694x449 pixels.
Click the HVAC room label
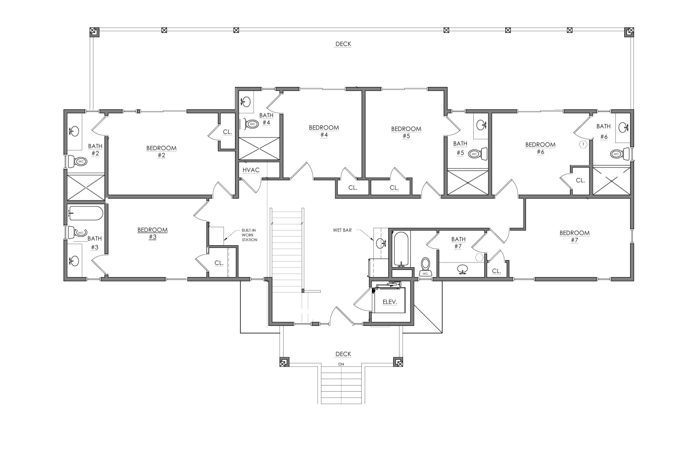tap(251, 170)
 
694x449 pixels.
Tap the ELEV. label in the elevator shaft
tap(390, 302)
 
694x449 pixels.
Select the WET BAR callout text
tap(342, 230)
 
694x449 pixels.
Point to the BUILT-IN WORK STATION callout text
tap(249, 235)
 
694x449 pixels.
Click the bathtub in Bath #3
tap(86, 213)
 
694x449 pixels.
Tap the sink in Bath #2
tap(74, 131)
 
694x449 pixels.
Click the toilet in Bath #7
tap(425, 267)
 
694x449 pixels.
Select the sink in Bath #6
tap(623, 127)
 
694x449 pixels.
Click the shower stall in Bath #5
tap(468, 183)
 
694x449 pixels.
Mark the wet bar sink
tap(381, 243)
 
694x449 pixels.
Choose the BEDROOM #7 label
tap(575, 237)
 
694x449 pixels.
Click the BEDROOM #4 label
tap(324, 131)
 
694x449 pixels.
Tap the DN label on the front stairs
tap(341, 364)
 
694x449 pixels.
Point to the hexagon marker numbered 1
tap(583, 144)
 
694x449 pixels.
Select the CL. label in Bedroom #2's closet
tap(228, 132)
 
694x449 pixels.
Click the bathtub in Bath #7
tap(401, 249)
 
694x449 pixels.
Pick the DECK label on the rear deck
tap(343, 44)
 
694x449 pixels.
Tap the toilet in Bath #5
tap(477, 153)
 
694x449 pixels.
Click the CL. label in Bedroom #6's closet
tap(580, 181)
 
